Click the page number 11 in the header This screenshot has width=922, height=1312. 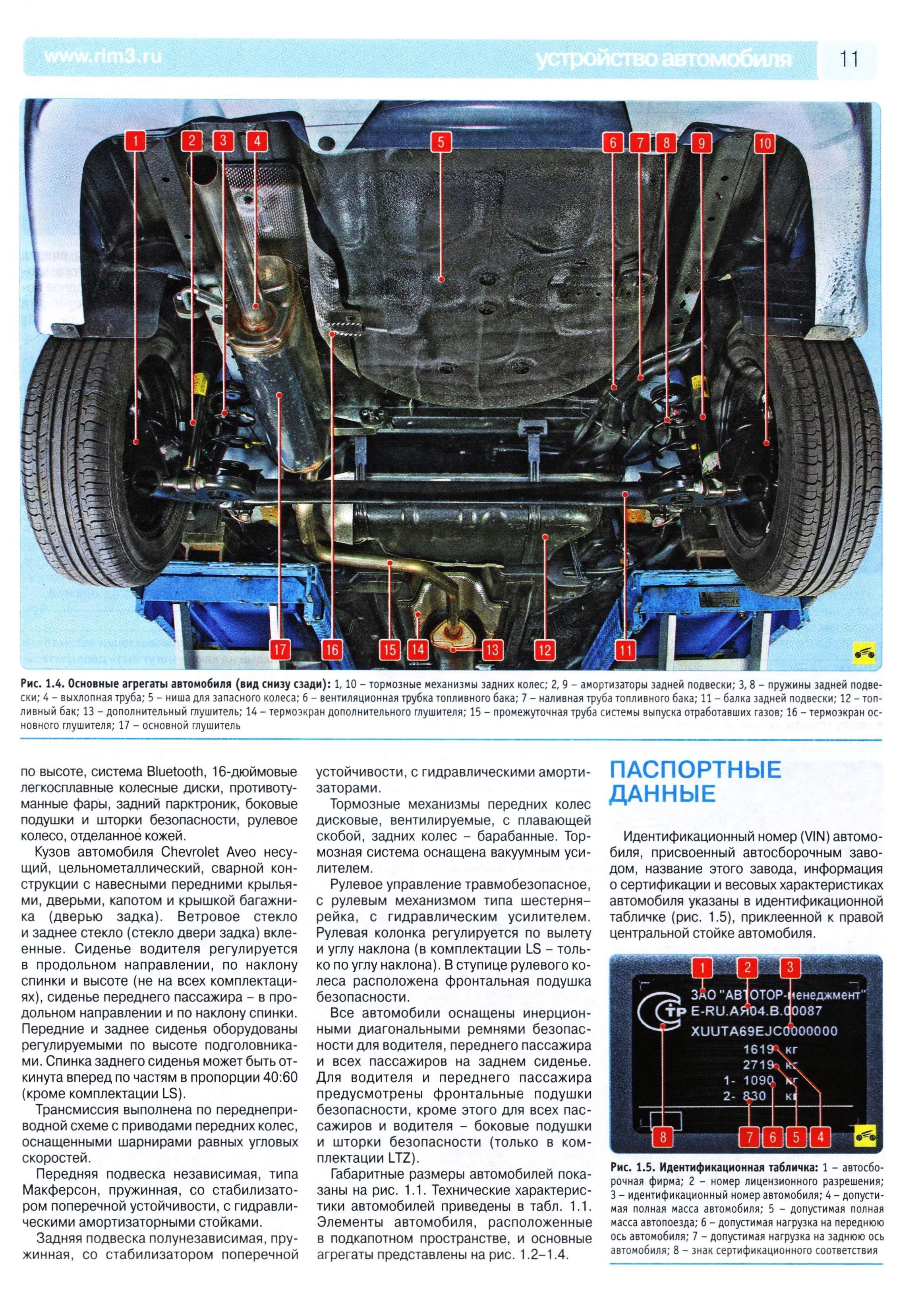tap(849, 58)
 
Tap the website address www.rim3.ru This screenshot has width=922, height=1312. tap(102, 56)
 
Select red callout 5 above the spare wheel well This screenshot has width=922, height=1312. tap(440, 142)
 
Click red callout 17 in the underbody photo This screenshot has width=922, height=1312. tap(280, 649)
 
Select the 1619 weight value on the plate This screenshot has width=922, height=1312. tap(758, 1049)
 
